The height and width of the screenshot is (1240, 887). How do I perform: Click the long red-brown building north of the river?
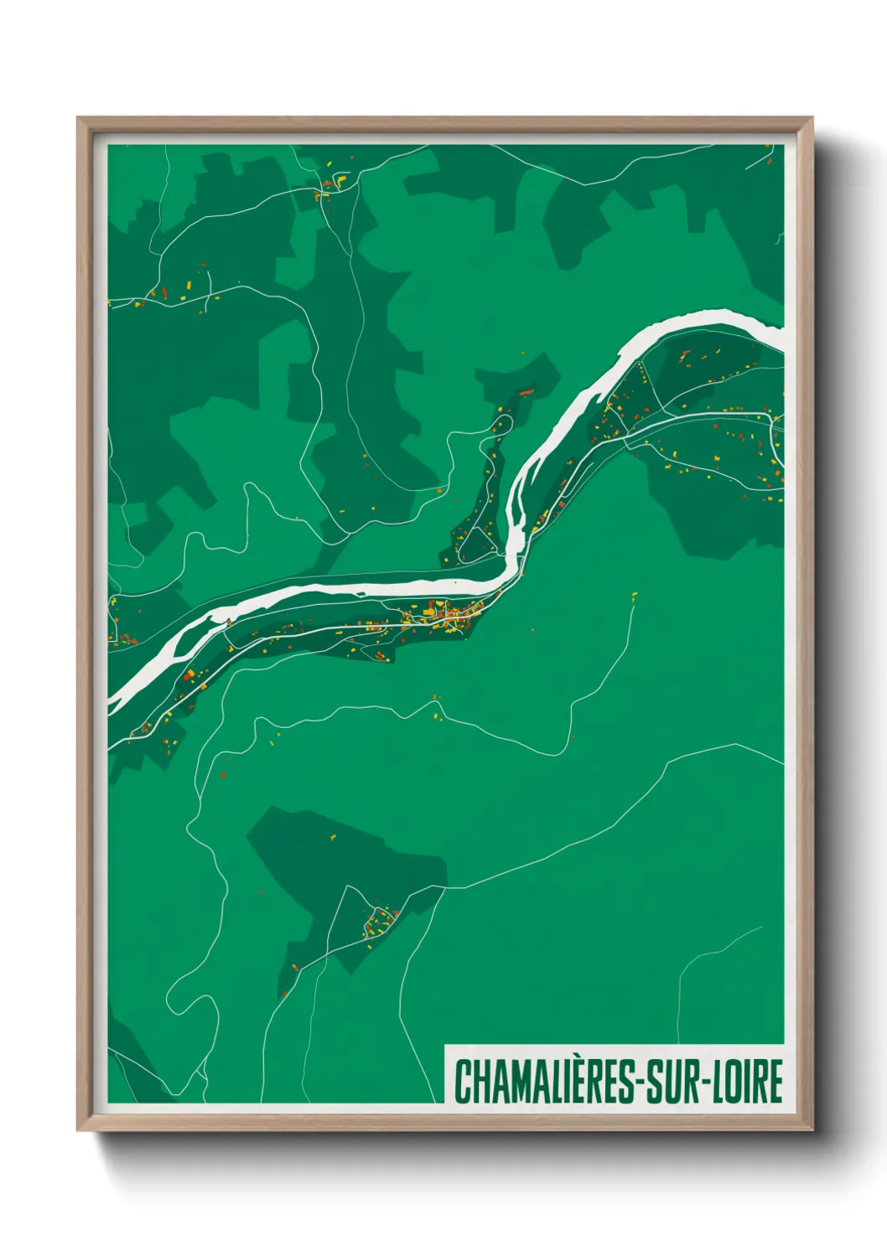click(526, 390)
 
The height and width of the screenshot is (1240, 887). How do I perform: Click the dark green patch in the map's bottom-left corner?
click(134, 1064)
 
